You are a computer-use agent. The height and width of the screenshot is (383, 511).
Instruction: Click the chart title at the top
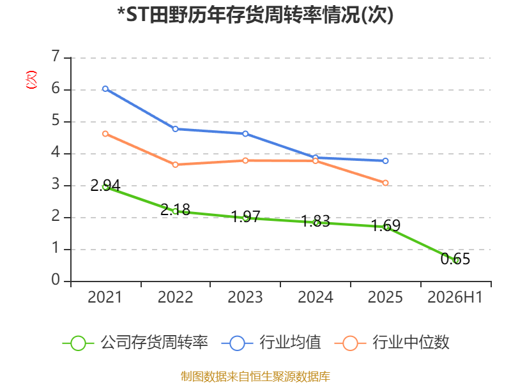(256, 15)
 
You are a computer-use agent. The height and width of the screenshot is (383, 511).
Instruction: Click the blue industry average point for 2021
(105, 89)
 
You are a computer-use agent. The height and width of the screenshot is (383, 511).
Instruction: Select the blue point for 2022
(175, 129)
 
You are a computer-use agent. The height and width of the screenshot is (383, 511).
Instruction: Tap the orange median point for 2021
(105, 133)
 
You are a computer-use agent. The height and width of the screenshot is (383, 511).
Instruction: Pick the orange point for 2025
(385, 183)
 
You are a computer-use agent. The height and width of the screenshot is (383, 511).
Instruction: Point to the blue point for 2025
(385, 161)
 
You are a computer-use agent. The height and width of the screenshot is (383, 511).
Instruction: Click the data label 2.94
(105, 185)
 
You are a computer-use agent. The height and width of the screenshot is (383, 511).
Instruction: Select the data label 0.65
(455, 259)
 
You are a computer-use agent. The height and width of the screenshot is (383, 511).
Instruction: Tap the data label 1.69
(386, 225)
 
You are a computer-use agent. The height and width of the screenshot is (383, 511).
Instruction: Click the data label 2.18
(175, 209)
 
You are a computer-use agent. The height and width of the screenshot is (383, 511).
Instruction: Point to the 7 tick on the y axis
(56, 56)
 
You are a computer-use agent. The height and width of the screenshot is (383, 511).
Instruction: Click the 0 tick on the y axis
(56, 280)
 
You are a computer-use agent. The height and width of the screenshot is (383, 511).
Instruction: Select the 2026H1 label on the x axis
(455, 297)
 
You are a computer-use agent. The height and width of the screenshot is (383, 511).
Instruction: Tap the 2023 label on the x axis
(245, 297)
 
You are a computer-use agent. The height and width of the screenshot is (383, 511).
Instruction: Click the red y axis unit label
(31, 80)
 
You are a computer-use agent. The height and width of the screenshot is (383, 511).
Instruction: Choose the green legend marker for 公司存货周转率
(78, 343)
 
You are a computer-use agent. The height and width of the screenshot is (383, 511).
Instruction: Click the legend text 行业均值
(290, 342)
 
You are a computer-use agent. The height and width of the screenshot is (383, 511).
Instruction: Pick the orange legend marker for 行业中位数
(350, 343)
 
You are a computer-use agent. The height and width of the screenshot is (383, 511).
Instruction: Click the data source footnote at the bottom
(256, 377)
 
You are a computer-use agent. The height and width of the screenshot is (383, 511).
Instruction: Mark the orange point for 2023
(245, 161)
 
